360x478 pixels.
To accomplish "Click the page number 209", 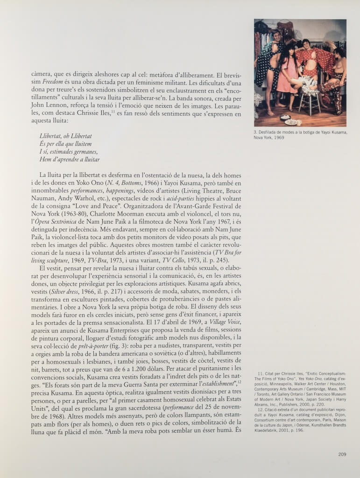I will pyautogui.click(x=342, y=454).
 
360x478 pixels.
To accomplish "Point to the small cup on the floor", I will pyautogui.click(x=299, y=123).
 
